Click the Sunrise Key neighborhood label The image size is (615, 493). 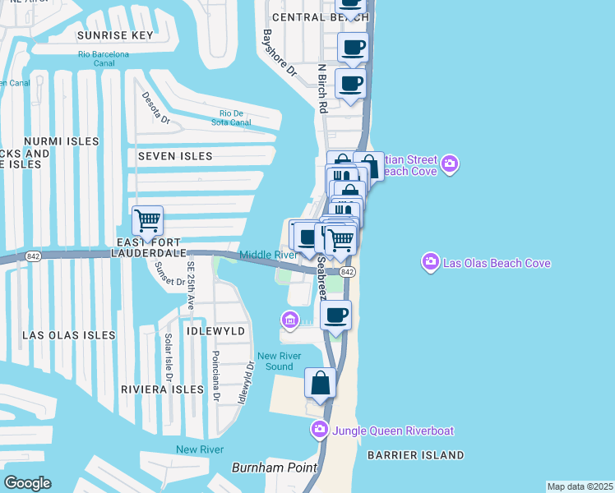click(x=115, y=36)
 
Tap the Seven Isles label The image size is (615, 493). click(x=175, y=156)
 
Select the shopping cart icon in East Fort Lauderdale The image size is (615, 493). click(x=147, y=219)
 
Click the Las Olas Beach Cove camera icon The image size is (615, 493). click(x=430, y=263)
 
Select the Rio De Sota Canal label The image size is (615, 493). click(x=235, y=117)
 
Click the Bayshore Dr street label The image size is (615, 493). click(x=277, y=53)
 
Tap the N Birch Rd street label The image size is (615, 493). click(x=323, y=89)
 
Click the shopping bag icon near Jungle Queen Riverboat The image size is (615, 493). click(x=321, y=383)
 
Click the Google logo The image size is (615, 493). click(x=27, y=482)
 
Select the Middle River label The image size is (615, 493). click(x=268, y=255)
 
